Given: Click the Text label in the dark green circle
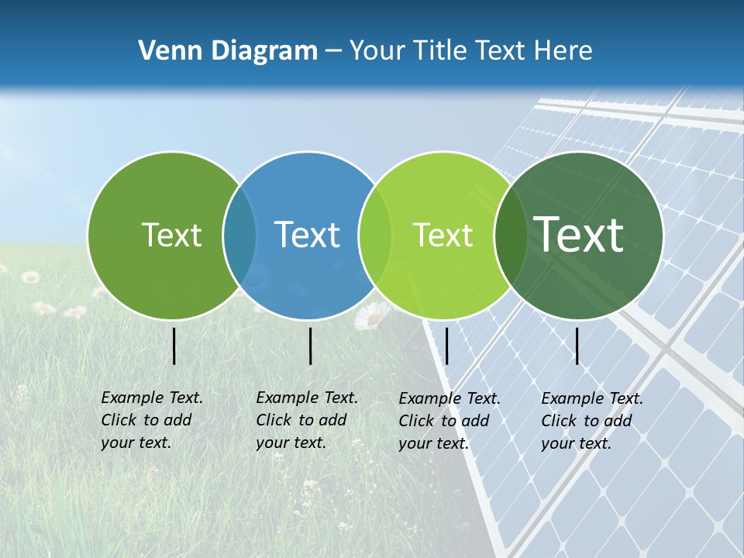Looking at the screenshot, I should [x=579, y=234].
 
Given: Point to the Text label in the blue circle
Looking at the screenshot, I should [x=307, y=235].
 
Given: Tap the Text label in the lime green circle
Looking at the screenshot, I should [x=443, y=235].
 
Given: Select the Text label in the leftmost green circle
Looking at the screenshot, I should [x=171, y=235].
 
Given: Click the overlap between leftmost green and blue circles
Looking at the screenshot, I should [x=239, y=236].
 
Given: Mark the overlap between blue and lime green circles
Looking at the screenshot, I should [x=375, y=236].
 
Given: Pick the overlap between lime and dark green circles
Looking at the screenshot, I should [x=511, y=236].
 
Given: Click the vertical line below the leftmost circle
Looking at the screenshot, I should [x=174, y=346].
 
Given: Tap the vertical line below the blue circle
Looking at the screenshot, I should [x=310, y=346].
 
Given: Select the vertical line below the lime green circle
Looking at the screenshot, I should [x=446, y=346].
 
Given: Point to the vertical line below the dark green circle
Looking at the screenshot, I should [x=577, y=346].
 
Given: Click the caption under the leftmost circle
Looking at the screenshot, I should [x=151, y=420].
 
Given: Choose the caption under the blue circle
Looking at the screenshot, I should [x=306, y=420].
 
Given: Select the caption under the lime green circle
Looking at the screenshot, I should [x=449, y=421].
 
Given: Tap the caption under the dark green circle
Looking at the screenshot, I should [x=591, y=421].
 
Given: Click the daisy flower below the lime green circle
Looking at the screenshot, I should [x=372, y=315].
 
